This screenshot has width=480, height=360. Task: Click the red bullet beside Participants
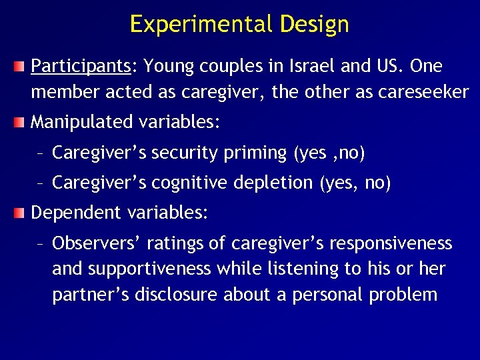(22, 67)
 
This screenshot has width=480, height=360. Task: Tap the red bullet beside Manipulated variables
(22, 123)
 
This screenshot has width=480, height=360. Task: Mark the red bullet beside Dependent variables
(22, 213)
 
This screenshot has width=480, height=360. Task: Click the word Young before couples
(167, 67)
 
